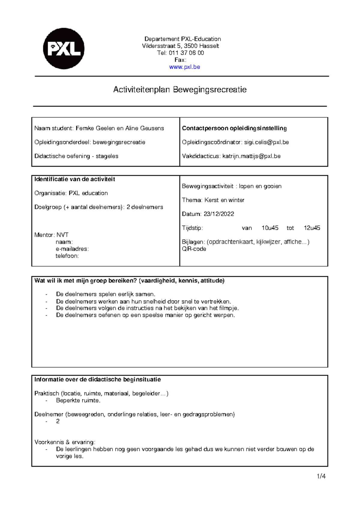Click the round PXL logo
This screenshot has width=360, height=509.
pos(64,49)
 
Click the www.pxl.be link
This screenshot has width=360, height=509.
pos(184,67)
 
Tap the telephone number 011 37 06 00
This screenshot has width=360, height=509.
pos(186,53)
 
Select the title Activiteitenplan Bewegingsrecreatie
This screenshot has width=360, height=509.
pos(180,89)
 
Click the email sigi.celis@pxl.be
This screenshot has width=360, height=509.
pos(266,142)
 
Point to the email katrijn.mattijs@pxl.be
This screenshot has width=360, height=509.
pos(251,156)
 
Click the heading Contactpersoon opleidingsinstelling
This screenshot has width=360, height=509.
pos(234,128)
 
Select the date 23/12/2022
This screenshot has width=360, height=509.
pos(219,214)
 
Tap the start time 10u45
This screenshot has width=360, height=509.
pos(270,228)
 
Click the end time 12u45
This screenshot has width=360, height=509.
pos(312,228)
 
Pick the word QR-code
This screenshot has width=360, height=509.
pos(194,249)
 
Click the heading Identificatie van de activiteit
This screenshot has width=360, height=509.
pos(75,179)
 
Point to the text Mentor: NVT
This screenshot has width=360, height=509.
pos(51,235)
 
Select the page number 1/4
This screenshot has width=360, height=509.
pos(321,476)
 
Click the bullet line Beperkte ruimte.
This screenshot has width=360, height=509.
pos(78,400)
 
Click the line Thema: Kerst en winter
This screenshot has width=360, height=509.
pos(213,200)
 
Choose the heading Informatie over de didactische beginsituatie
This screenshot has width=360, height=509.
pos(97,379)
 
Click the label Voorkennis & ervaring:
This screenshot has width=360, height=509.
pos(65,442)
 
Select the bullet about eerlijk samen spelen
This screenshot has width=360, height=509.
pos(106,294)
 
